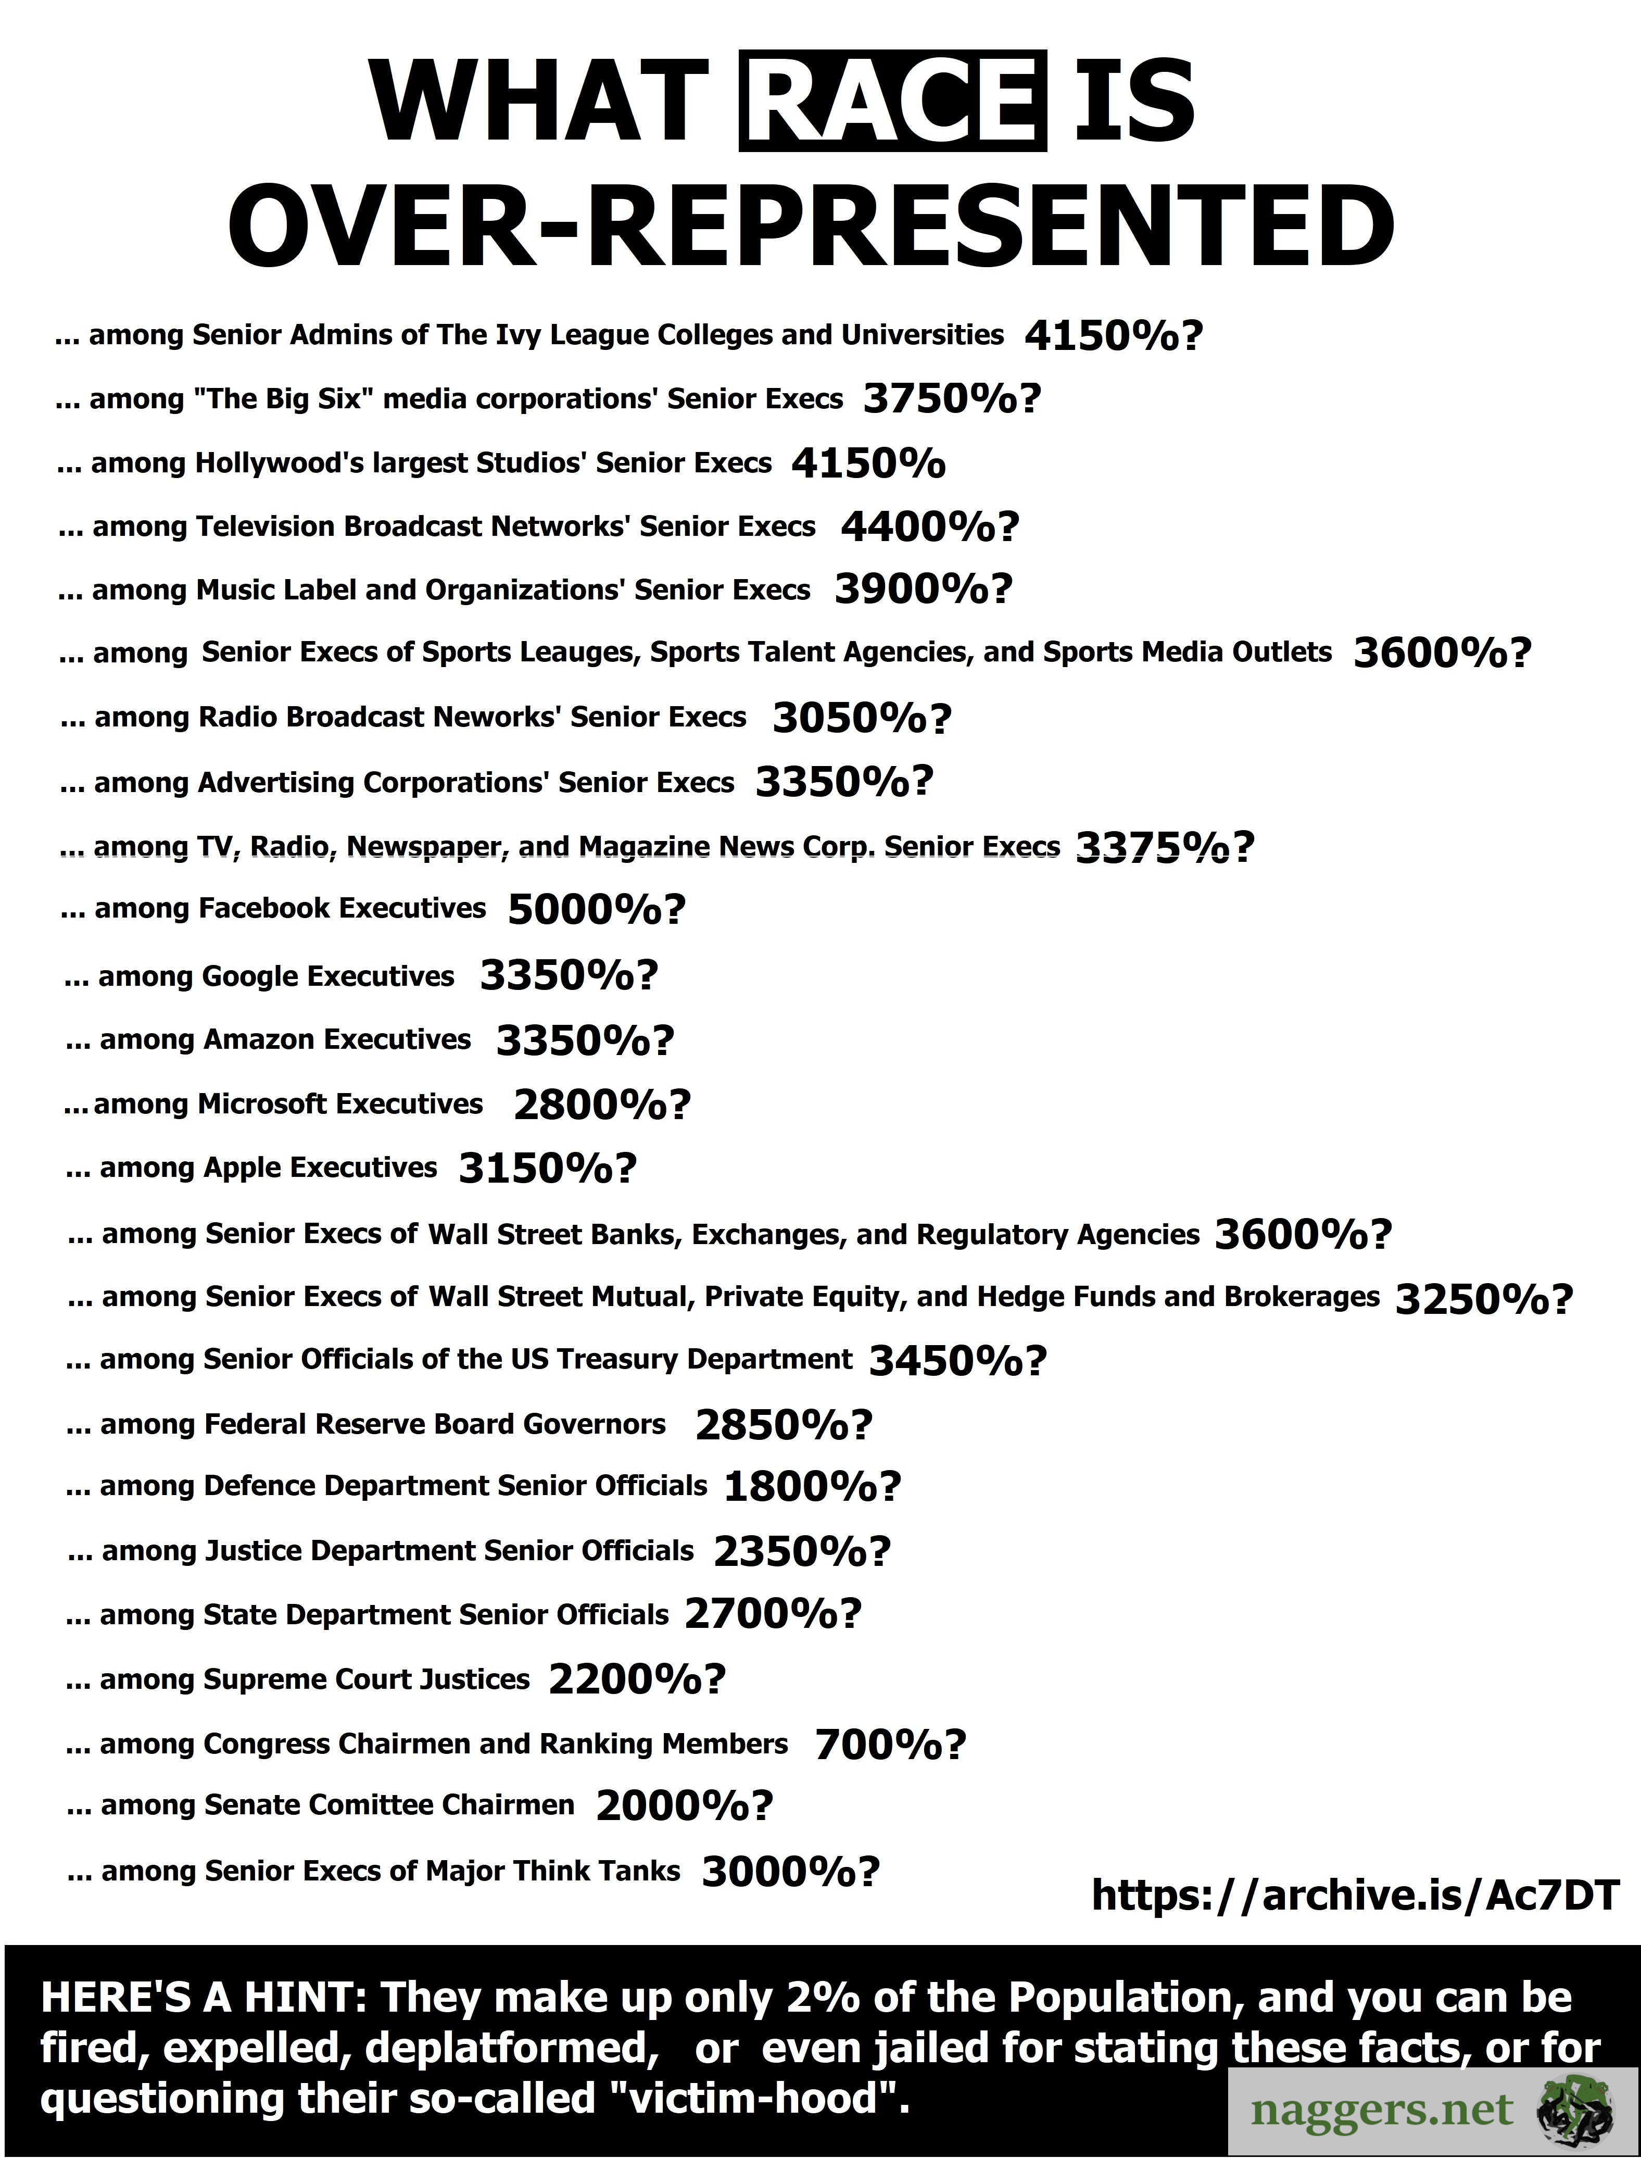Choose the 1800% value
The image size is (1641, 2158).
(799, 1487)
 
